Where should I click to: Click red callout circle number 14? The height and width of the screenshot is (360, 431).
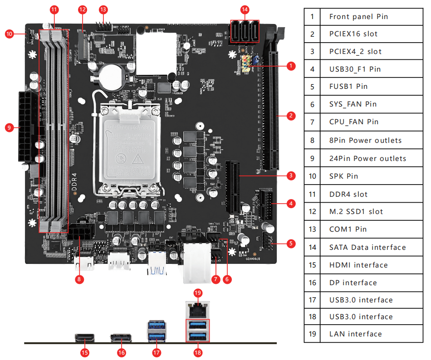point(245,9)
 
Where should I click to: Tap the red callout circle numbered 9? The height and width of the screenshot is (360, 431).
point(10,127)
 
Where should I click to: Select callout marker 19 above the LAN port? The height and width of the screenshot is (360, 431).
point(197,293)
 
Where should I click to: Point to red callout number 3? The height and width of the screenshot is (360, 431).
point(291,175)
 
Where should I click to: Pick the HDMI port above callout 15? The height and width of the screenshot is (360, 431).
point(84,338)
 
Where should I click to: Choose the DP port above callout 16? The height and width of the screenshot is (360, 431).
point(121,338)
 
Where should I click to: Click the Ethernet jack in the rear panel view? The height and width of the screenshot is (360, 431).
point(197,310)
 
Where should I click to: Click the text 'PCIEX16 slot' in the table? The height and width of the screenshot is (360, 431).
point(353,34)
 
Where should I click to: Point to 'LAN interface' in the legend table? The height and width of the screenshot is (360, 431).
point(356,334)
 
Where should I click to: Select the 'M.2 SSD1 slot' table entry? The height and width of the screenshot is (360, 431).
point(356,212)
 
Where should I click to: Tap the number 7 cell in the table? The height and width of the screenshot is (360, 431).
point(312,122)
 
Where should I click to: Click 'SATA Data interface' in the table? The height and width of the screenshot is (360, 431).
point(367,247)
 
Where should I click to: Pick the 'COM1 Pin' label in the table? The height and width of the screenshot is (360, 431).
point(348,229)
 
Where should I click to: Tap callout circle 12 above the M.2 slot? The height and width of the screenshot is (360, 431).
point(82,9)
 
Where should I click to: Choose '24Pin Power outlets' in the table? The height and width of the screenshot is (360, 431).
point(367,159)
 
